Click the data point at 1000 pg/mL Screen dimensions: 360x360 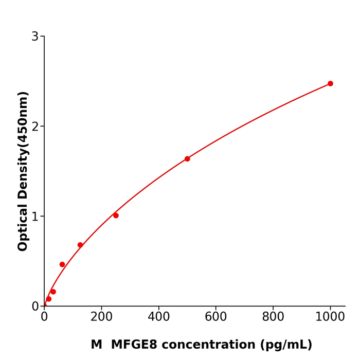(330, 83)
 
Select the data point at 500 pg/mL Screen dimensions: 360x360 (187, 159)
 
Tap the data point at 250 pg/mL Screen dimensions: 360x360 (116, 215)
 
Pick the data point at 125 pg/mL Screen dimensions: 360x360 (80, 245)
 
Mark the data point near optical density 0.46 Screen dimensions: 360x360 (62, 264)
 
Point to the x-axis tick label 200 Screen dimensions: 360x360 (101, 317)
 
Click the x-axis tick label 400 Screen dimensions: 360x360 (158, 317)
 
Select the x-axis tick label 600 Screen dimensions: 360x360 (215, 317)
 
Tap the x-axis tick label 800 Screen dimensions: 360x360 (273, 317)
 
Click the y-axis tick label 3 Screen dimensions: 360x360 (35, 37)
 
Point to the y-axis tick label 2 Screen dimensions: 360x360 (35, 127)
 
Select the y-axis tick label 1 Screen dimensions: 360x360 (35, 217)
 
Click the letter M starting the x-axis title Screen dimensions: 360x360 (97, 345)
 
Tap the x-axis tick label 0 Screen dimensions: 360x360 (44, 317)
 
